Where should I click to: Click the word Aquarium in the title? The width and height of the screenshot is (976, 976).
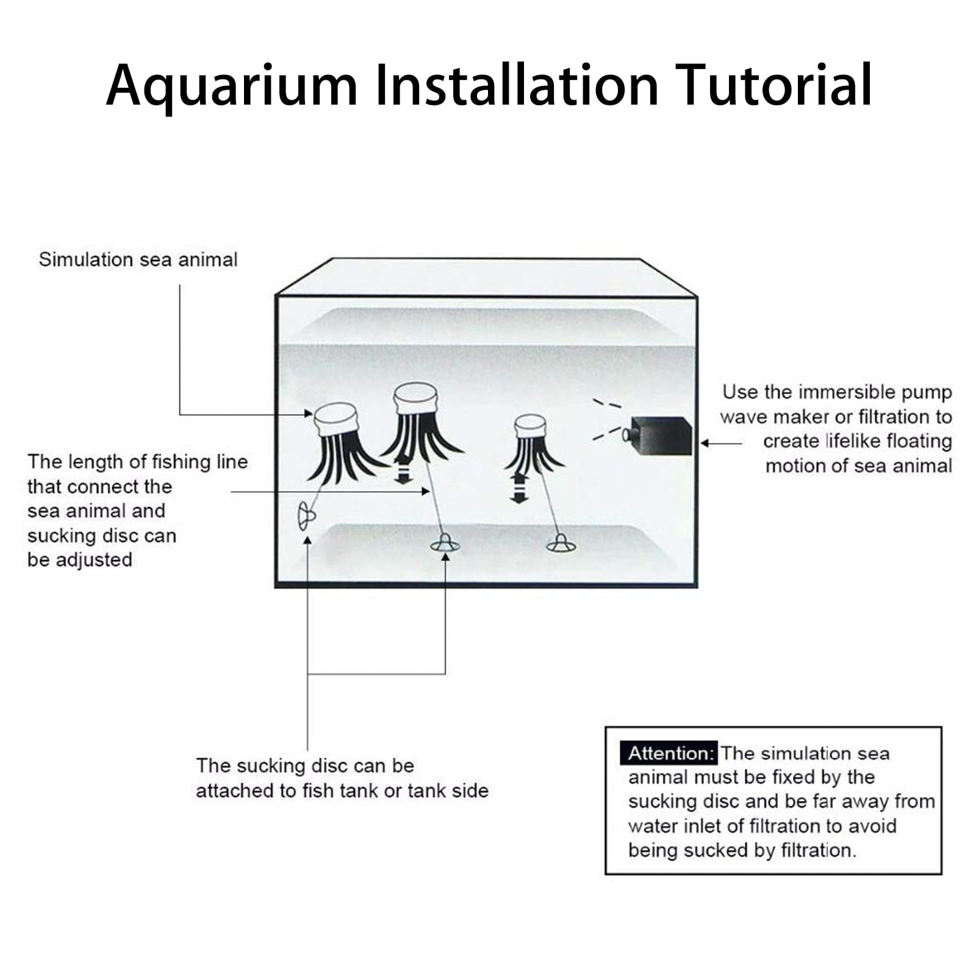pyautogui.click(x=232, y=85)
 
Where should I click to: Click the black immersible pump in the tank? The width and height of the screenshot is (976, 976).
pyautogui.click(x=661, y=436)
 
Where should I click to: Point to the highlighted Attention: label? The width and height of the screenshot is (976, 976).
pyautogui.click(x=670, y=753)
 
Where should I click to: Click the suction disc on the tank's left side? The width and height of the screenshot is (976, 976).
pyautogui.click(x=305, y=516)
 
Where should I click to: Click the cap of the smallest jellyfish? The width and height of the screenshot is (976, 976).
pyautogui.click(x=529, y=426)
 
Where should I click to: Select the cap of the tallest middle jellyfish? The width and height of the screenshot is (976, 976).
pyautogui.click(x=416, y=398)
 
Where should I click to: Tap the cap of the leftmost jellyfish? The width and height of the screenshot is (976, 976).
pyautogui.click(x=335, y=418)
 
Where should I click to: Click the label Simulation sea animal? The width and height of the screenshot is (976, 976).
pyautogui.click(x=138, y=260)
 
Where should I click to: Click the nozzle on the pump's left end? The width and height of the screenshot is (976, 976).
pyautogui.click(x=626, y=434)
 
